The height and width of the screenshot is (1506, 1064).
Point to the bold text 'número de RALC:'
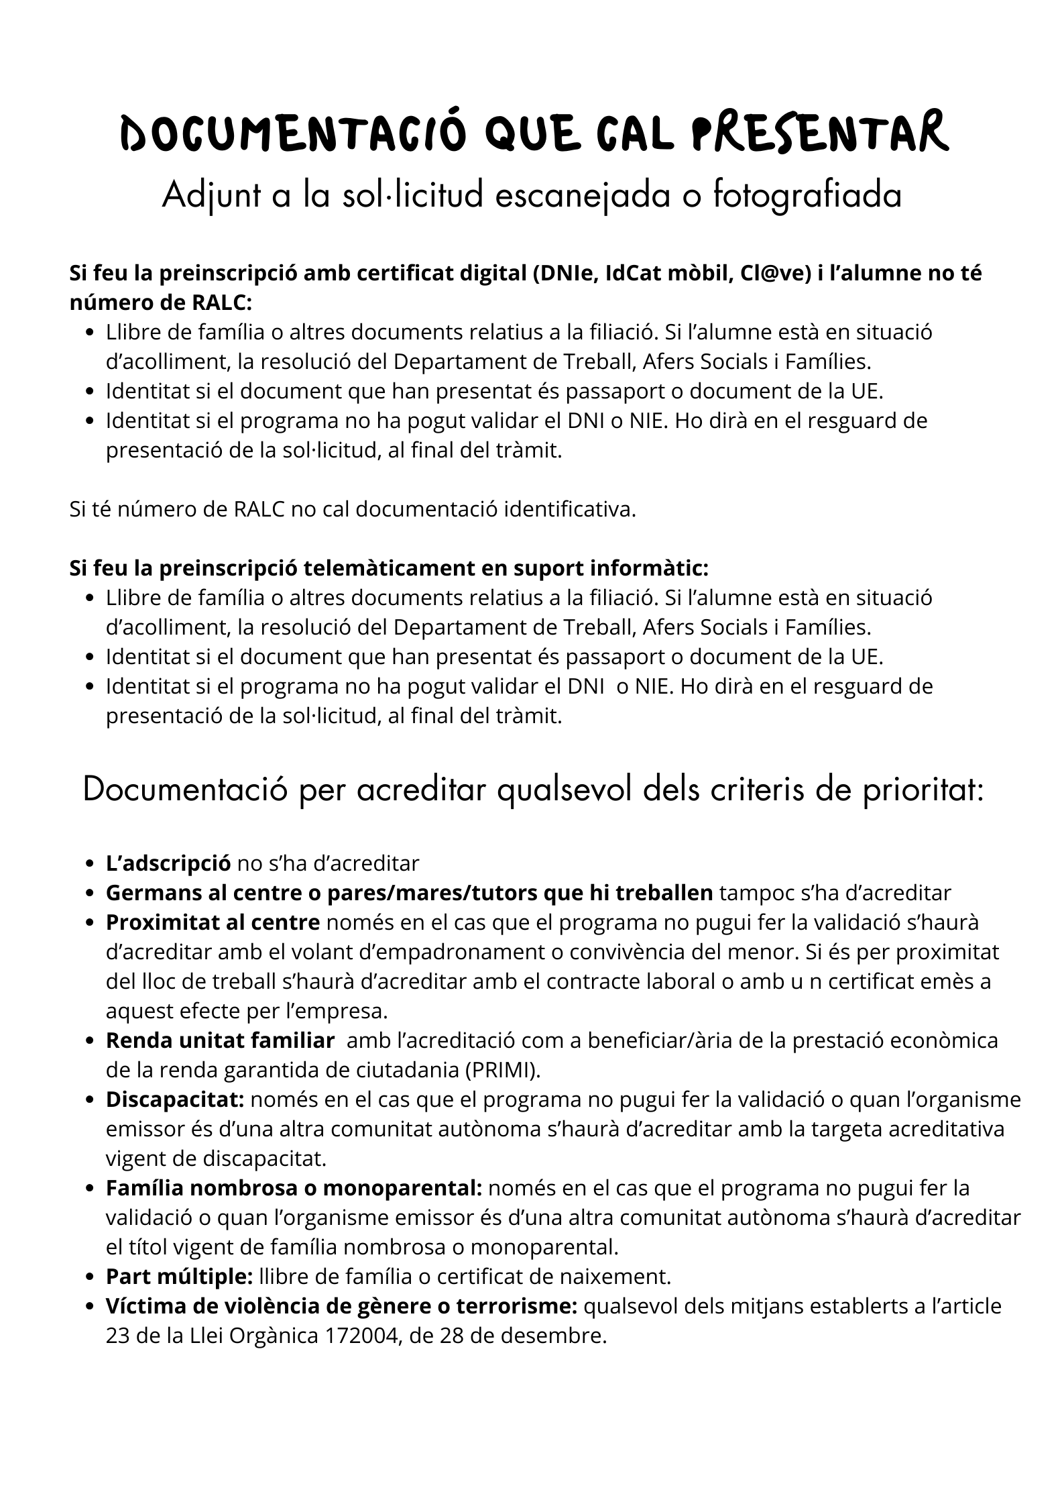tap(161, 303)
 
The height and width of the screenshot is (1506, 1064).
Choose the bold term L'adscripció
tap(168, 863)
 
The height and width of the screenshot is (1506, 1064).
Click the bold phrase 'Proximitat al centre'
tap(213, 922)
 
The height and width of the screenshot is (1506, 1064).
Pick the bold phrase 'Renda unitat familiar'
tap(220, 1040)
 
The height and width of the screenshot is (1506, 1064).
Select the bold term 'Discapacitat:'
tap(176, 1099)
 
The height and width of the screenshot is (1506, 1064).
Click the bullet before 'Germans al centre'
tap(90, 894)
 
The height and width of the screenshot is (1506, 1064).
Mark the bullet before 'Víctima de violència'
tap(90, 1307)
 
